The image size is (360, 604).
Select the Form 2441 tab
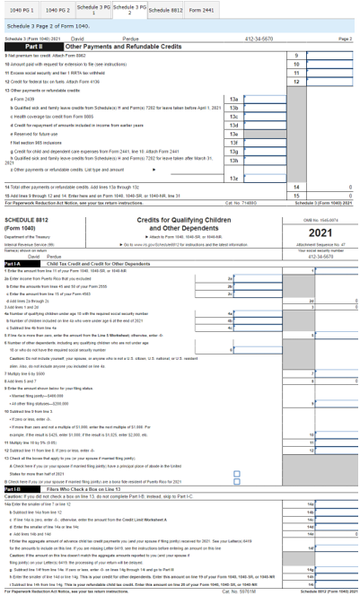[x=202, y=10]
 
